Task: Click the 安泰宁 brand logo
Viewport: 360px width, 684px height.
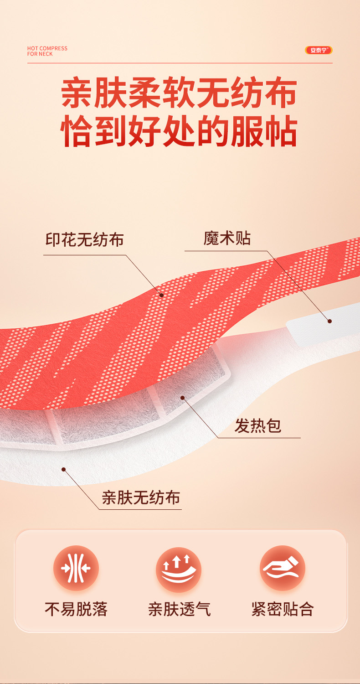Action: [319, 50]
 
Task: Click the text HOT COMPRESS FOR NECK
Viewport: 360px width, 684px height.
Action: [47, 51]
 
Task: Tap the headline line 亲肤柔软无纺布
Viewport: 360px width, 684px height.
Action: [179, 93]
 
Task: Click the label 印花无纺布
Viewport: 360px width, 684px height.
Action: [84, 239]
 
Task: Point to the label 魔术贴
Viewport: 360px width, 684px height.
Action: [227, 238]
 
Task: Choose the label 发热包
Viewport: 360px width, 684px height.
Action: [258, 426]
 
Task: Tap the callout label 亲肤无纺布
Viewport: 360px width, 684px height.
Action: [141, 497]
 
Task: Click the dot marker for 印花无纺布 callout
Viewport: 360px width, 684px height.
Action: [161, 295]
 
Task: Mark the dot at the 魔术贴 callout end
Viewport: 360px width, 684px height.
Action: [329, 321]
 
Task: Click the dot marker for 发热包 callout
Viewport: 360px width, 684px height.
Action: [182, 398]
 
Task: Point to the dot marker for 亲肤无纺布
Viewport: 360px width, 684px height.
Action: [64, 469]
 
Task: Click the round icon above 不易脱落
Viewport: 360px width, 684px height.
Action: [76, 568]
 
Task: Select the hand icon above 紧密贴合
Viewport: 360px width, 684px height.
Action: [283, 568]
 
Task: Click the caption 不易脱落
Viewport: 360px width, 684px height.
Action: [76, 609]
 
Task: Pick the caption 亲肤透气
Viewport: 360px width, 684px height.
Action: [179, 609]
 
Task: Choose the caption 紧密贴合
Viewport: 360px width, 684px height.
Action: [283, 609]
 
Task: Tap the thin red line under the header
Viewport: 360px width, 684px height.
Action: [180, 63]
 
